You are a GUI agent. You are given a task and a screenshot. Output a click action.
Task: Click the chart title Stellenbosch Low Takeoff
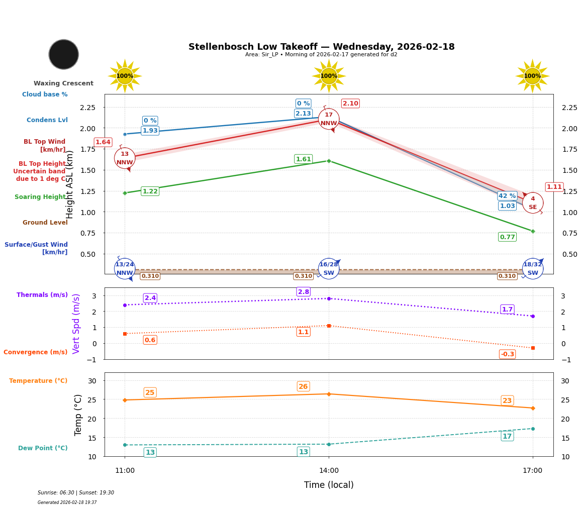[x=321, y=47]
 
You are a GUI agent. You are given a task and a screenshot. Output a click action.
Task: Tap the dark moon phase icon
[x=64, y=54]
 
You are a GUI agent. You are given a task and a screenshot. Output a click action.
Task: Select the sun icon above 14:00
[x=329, y=76]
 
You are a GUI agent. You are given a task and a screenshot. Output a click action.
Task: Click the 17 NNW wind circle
[x=329, y=119]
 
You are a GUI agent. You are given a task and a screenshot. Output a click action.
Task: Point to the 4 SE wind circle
[x=533, y=203]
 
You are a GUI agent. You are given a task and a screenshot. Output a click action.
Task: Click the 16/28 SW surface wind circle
[x=329, y=269]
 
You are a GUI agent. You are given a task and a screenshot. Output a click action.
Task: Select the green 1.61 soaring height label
[x=303, y=159]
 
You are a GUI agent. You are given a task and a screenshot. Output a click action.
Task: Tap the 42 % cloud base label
[x=507, y=196]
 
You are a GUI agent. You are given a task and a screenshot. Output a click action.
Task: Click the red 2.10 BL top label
[x=350, y=104]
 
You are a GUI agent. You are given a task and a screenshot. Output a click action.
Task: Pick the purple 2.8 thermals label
[x=304, y=292]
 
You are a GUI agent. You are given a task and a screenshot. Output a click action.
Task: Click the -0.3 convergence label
[x=507, y=354]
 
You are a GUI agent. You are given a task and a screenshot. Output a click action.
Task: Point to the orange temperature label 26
[x=303, y=386]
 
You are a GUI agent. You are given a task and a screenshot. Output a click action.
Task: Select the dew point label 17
[x=507, y=436]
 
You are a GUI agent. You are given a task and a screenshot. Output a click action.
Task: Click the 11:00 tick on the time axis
[x=125, y=471]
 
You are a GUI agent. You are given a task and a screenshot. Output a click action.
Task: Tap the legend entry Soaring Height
[x=40, y=197]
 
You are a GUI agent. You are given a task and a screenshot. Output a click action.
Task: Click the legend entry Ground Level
[x=45, y=223]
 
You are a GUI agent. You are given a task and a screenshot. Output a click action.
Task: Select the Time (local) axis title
[x=329, y=485]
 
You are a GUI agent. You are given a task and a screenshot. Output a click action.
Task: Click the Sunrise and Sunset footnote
[x=76, y=493]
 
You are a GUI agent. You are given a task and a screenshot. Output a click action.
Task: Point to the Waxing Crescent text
[x=63, y=83]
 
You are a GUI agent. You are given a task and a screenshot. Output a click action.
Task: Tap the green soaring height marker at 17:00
[x=533, y=231]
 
